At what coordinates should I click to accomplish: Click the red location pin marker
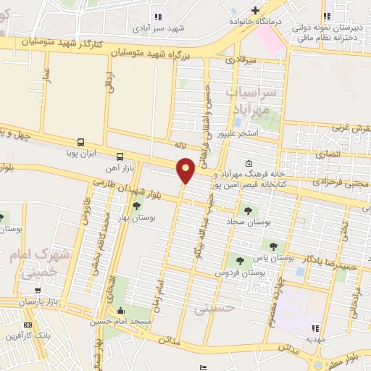coord(186,170)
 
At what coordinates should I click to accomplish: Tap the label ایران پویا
coord(80,154)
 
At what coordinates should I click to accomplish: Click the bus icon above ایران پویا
coord(80,143)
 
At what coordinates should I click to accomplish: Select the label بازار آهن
coord(119,168)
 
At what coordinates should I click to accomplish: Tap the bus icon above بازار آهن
coord(120,157)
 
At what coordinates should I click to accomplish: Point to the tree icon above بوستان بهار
coord(136,207)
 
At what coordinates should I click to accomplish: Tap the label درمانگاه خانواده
coord(254,21)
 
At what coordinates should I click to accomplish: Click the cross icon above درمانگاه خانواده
coord(255,9)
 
